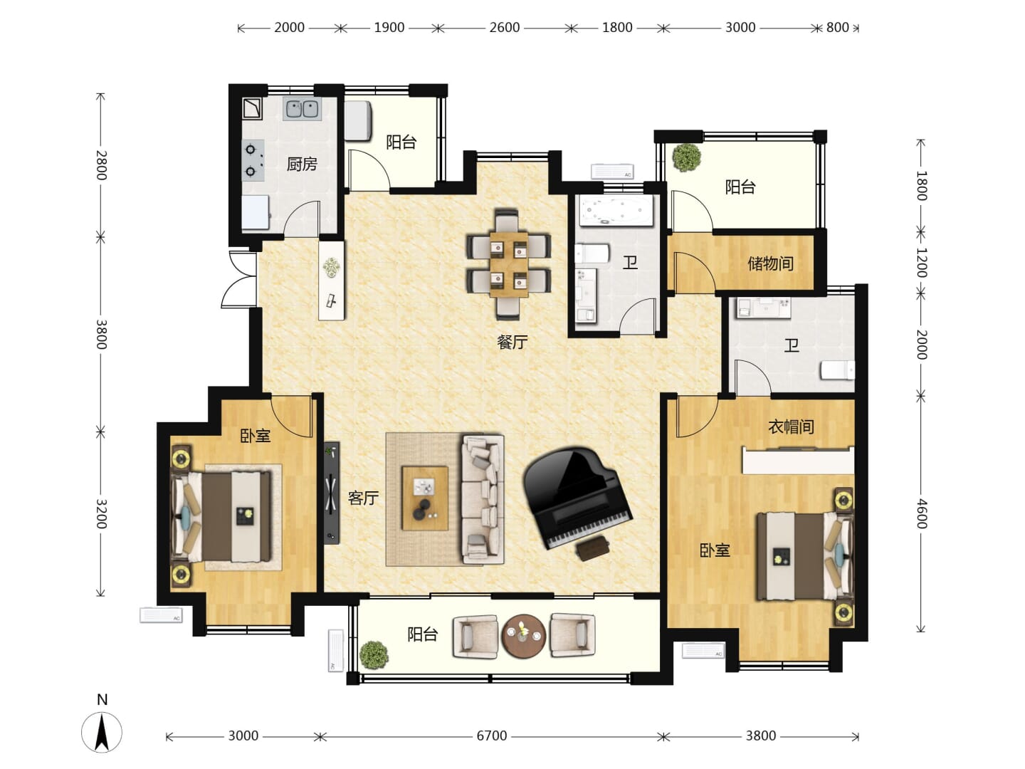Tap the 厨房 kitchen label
302,164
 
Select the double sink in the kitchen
302,109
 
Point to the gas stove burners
253,160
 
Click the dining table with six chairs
508,265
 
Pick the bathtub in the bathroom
615,211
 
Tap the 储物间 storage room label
770,263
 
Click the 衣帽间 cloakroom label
791,427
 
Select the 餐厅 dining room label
512,342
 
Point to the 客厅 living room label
363,498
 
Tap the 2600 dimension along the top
505,28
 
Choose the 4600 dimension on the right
921,513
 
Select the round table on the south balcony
523,636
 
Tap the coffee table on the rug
425,498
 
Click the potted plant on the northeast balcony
686,157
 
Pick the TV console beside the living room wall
332,493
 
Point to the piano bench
593,548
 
